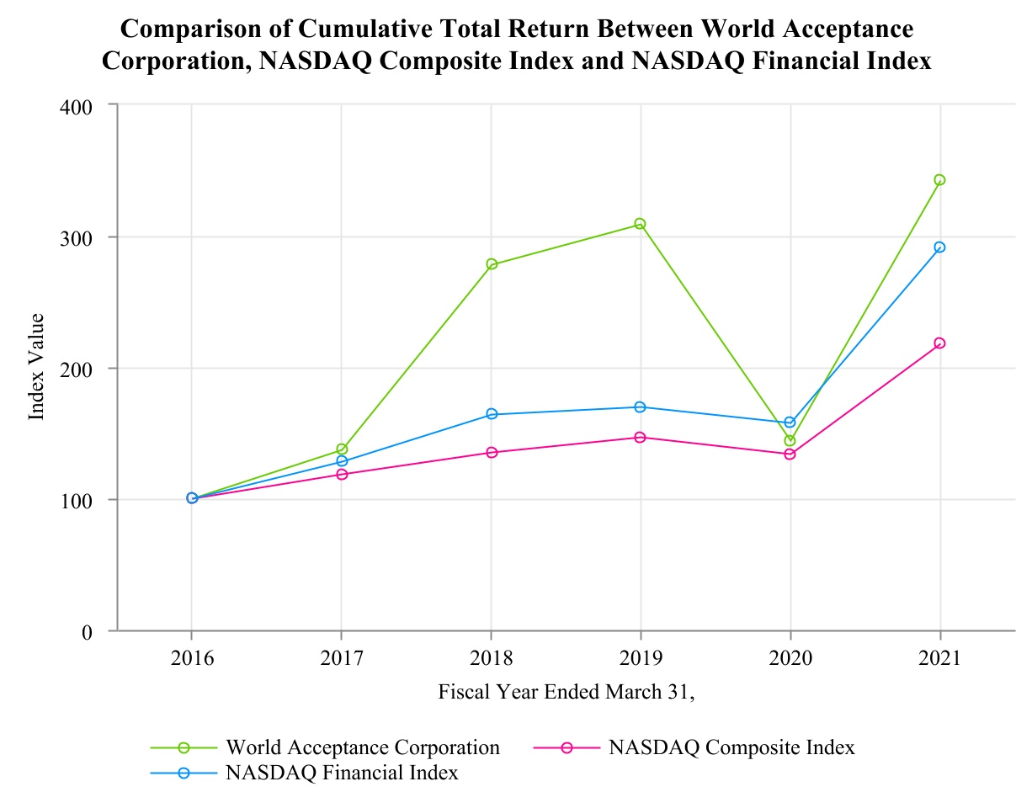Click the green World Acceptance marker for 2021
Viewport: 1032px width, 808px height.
point(939,180)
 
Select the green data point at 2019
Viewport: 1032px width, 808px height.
point(640,224)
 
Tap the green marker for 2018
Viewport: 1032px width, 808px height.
point(491,264)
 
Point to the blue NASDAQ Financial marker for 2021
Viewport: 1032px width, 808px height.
point(939,247)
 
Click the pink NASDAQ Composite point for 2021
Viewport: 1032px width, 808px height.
point(939,343)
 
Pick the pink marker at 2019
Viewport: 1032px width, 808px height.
point(640,438)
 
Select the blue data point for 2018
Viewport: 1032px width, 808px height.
point(491,414)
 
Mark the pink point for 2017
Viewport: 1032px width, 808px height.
point(342,475)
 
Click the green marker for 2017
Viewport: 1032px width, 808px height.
point(342,449)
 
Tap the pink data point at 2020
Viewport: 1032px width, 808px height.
point(790,454)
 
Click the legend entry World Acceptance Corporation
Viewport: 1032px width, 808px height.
point(363,747)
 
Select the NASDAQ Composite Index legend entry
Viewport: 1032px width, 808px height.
point(731,747)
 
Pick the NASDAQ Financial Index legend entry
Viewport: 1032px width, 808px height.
point(342,773)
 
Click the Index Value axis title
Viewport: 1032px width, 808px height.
point(36,367)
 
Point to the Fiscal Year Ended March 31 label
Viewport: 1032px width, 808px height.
point(566,693)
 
